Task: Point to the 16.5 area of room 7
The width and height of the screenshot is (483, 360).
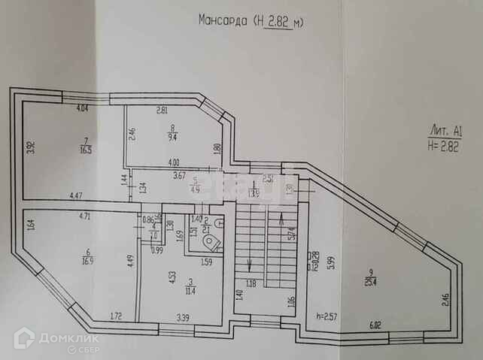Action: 87,150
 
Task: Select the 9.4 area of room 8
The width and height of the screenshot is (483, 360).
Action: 172,137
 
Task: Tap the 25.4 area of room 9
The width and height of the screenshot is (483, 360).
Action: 372,282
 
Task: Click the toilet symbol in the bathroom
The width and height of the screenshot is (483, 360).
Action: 214,241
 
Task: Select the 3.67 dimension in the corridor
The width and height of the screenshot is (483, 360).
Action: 179,176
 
